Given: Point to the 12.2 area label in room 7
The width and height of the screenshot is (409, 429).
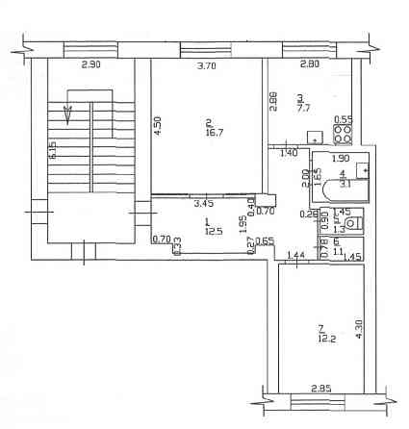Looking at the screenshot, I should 326,337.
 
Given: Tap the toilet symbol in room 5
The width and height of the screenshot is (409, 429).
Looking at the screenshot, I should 352,223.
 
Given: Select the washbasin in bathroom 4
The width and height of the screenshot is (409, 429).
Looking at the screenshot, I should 362,170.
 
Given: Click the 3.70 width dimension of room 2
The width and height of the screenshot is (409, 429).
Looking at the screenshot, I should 206,66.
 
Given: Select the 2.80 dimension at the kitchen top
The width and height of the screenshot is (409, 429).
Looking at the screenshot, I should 309,65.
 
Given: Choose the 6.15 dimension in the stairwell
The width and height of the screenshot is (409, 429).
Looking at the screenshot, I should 54,151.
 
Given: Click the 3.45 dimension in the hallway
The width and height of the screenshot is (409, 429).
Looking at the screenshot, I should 203,204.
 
